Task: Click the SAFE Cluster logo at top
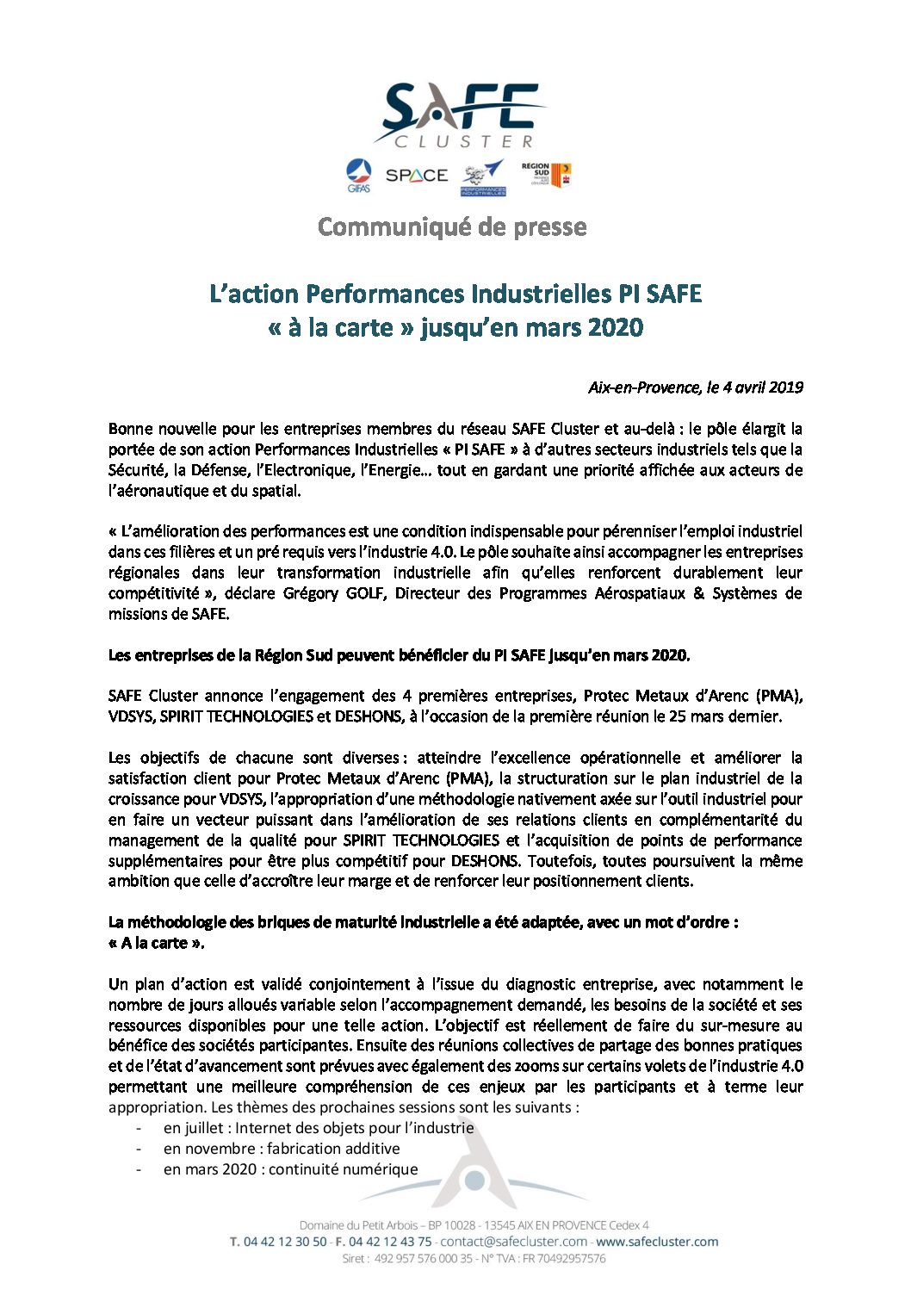[x=456, y=115]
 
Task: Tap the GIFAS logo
[x=358, y=176]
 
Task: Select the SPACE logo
[x=417, y=176]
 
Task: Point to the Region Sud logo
[x=546, y=175]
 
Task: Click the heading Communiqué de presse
[x=452, y=227]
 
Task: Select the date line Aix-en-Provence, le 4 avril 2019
[x=695, y=387]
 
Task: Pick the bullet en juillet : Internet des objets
[x=318, y=1128]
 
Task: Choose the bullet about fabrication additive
[x=281, y=1149]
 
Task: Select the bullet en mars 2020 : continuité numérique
[x=290, y=1169]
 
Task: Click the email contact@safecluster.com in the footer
[x=513, y=1242]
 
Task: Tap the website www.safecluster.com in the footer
[x=657, y=1242]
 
